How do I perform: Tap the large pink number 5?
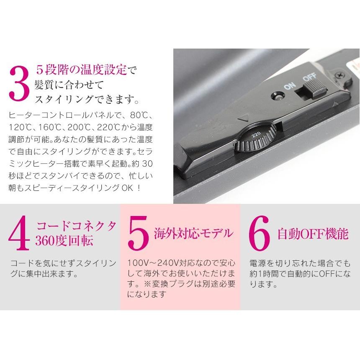139,234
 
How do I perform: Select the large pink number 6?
260,234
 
